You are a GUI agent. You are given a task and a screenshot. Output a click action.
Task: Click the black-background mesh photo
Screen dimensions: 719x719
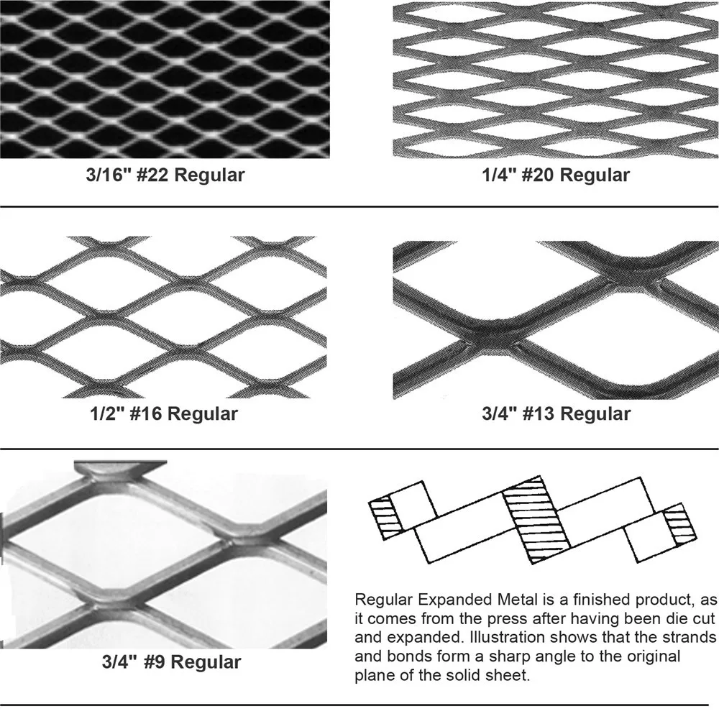(x=165, y=79)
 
